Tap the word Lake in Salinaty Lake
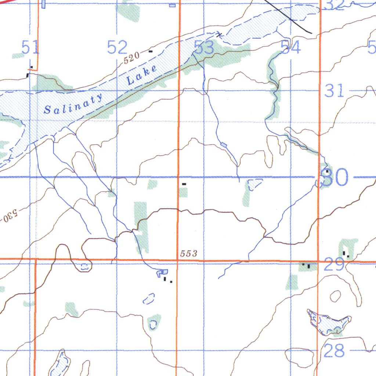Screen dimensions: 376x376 141,75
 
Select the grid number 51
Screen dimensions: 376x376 30,48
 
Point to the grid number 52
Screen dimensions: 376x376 117,48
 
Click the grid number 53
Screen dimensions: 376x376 204,48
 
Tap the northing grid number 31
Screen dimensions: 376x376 335,91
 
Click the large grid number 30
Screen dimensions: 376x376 335,178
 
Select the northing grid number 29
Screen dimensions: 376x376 334,264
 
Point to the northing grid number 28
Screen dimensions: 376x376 335,351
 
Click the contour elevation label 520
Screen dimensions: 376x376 131,58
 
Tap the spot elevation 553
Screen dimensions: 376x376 189,254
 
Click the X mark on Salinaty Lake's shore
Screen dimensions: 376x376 220,35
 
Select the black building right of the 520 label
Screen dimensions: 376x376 150,51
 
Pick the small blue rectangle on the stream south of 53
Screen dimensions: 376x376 224,145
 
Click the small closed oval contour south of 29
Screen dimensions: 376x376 335,296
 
